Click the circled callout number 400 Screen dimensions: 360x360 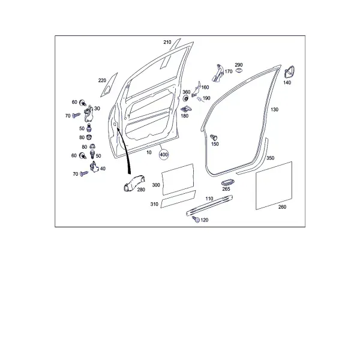[164, 155]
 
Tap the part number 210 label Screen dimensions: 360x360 [167, 42]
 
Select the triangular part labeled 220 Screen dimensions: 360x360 [109, 85]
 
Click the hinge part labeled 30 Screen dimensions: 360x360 [89, 115]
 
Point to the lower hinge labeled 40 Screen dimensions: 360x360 [94, 167]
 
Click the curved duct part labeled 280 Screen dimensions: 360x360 [134, 183]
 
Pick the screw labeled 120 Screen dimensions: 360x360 [196, 219]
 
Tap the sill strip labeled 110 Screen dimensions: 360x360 [209, 206]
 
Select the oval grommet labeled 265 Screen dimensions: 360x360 [227, 182]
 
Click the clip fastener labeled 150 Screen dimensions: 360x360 [214, 137]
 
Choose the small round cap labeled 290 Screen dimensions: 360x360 [239, 70]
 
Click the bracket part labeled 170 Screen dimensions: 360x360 [218, 73]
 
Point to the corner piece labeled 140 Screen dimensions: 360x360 [290, 73]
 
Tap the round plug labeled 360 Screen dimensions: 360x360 [185, 99]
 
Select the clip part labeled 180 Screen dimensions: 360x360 [187, 110]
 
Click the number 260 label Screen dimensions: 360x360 [282, 207]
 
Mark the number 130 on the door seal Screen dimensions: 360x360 [274, 110]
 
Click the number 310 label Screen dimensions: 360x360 [154, 204]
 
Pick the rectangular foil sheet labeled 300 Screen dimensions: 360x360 [178, 180]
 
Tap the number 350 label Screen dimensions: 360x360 [270, 158]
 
